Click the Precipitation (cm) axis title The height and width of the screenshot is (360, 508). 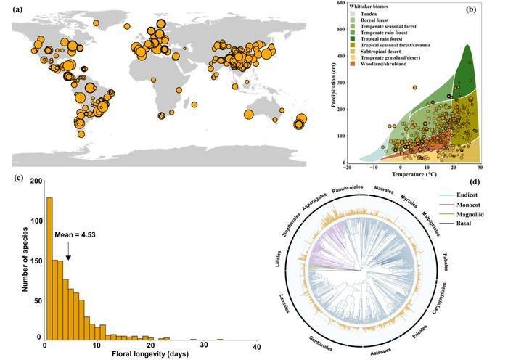[x=333, y=83]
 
